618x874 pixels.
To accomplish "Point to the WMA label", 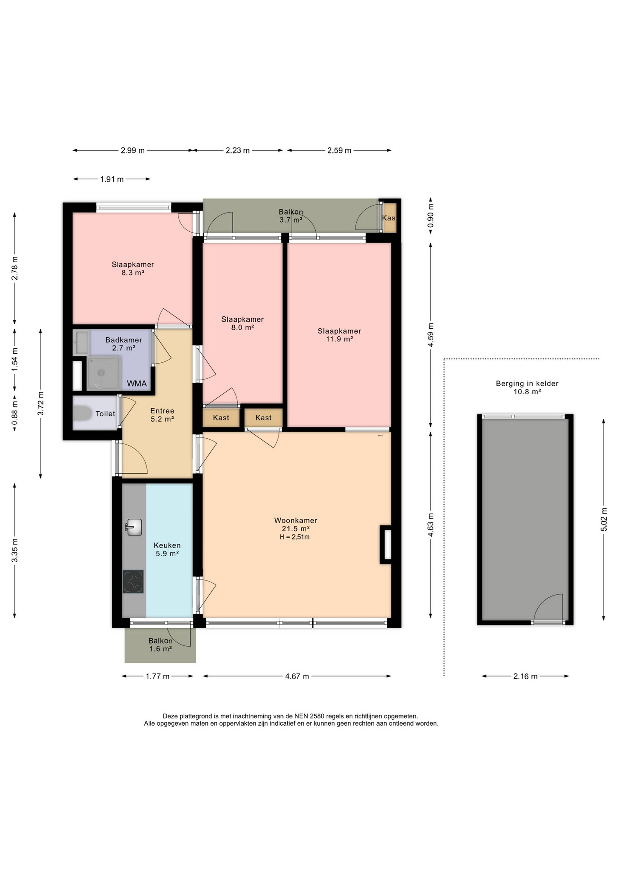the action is [x=137, y=384].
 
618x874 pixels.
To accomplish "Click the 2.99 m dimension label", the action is [x=133, y=150].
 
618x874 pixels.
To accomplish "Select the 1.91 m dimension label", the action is [x=112, y=179].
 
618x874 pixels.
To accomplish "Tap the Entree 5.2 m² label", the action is [x=162, y=415].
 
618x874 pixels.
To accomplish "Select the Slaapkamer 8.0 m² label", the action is [x=242, y=323].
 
